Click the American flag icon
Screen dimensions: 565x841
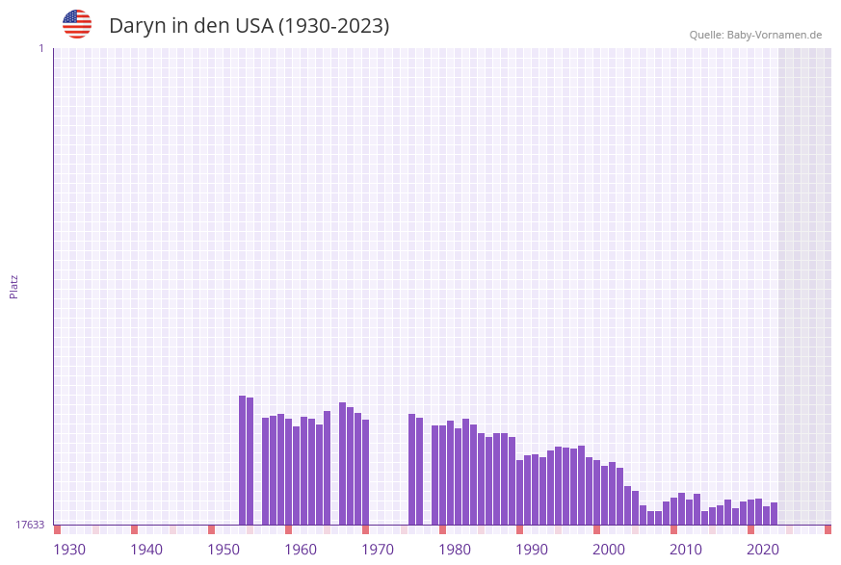click(x=77, y=24)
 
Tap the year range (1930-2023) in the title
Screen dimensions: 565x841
click(x=333, y=26)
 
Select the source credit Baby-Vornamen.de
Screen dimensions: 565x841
click(x=774, y=35)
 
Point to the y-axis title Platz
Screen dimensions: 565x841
click(x=14, y=286)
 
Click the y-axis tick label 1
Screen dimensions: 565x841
click(x=40, y=48)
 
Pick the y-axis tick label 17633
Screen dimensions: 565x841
click(x=30, y=525)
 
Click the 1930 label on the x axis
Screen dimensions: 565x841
click(x=69, y=550)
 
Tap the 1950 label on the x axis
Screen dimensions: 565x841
click(x=223, y=550)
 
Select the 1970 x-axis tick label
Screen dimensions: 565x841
click(x=378, y=550)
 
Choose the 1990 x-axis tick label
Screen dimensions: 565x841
click(x=532, y=550)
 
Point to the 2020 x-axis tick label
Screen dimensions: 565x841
click(x=763, y=550)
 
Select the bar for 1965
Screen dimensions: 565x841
click(x=343, y=463)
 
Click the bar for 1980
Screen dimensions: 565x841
click(x=451, y=473)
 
